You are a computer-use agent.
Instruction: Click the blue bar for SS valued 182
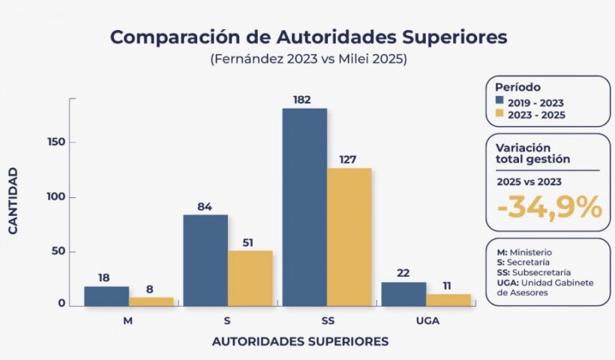click(304, 207)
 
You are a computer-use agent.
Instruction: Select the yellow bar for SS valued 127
click(349, 237)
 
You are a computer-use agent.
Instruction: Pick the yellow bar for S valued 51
click(250, 278)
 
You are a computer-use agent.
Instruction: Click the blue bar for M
click(106, 296)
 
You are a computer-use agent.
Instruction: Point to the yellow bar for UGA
click(448, 300)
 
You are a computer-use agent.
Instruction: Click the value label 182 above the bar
click(304, 100)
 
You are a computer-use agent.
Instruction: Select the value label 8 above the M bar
click(151, 289)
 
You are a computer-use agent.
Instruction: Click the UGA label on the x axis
click(426, 321)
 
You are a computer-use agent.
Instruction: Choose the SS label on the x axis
click(327, 321)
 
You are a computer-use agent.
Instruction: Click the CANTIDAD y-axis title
click(13, 201)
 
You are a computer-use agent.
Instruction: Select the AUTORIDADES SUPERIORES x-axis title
click(300, 341)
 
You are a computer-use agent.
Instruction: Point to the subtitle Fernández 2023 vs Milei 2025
click(309, 60)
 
